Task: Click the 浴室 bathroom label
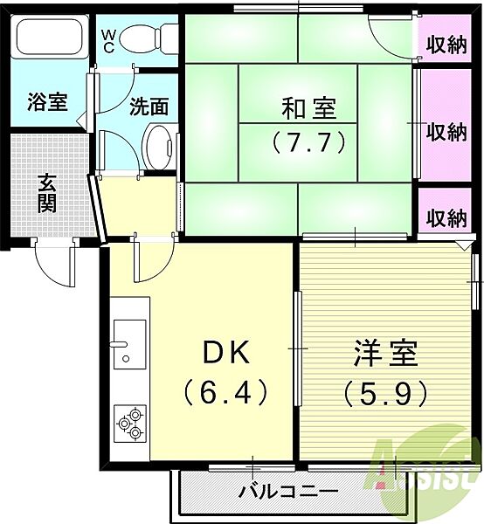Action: (47, 101)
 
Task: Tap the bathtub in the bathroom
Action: (50, 37)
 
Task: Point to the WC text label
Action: (107, 41)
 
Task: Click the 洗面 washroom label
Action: (149, 107)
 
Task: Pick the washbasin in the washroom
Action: (158, 147)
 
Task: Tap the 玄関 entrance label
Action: (47, 193)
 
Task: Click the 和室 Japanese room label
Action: (308, 108)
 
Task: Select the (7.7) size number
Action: (308, 142)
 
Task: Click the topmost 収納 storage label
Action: (446, 45)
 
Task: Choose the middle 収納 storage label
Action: (446, 132)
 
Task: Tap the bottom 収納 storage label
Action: (446, 217)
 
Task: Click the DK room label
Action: (226, 353)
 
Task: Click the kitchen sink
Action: (129, 344)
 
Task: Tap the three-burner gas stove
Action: (130, 424)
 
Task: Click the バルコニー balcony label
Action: (288, 492)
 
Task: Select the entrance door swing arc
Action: (50, 274)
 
